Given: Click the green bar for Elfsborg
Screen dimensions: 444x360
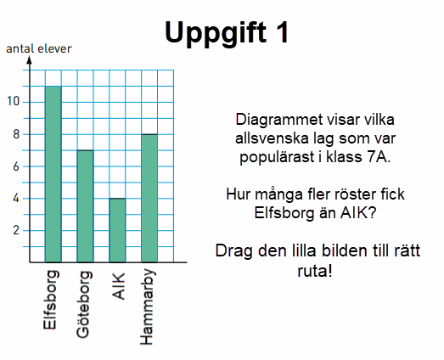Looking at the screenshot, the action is (53, 174).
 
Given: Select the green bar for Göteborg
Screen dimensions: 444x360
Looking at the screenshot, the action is (85, 206).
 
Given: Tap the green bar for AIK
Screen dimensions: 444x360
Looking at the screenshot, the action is (117, 230).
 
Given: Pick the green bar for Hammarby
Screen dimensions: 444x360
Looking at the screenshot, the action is (149, 199).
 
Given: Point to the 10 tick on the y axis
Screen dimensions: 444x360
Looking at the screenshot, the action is (14, 101).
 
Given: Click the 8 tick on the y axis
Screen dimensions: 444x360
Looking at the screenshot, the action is (16, 134).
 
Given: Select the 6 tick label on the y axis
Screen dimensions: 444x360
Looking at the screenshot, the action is (16, 166).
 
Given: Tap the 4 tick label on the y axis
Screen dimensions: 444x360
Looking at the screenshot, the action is (16, 199).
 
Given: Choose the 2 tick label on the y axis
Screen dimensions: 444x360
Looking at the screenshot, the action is (16, 230).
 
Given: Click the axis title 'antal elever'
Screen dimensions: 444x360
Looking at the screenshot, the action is (39, 48).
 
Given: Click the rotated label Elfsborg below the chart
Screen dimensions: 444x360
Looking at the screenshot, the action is (51, 300).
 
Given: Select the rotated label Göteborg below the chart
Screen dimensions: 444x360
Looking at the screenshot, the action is (84, 305).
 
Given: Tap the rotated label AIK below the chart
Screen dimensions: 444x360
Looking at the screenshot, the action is (119, 286).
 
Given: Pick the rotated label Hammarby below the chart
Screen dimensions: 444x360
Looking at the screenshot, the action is (148, 307).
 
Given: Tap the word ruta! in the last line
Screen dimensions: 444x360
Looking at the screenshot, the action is (315, 271).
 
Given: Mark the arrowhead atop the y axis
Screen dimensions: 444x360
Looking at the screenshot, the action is (30, 59).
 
